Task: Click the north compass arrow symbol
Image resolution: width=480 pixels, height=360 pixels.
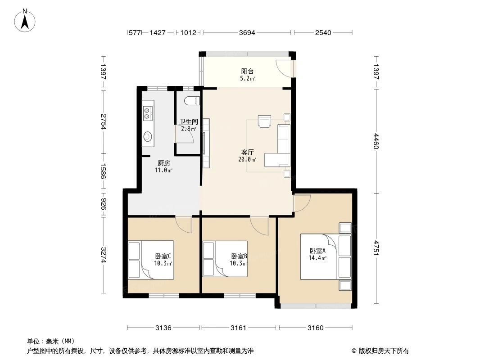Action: click(25, 20)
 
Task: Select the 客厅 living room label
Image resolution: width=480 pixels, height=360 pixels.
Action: click(247, 153)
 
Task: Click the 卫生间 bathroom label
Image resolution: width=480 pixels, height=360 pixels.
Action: click(188, 121)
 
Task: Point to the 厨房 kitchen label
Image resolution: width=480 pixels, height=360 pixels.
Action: click(164, 163)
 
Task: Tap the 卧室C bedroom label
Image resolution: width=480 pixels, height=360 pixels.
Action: click(163, 256)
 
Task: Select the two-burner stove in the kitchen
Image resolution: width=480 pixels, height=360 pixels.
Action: click(148, 113)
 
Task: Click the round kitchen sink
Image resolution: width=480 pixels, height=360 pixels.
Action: click(147, 136)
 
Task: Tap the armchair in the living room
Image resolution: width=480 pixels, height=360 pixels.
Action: click(264, 121)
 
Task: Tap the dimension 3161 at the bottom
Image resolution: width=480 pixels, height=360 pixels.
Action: click(239, 328)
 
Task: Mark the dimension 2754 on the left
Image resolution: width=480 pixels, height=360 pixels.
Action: click(104, 122)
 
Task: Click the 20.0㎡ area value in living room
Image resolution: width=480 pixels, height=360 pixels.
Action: click(247, 159)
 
